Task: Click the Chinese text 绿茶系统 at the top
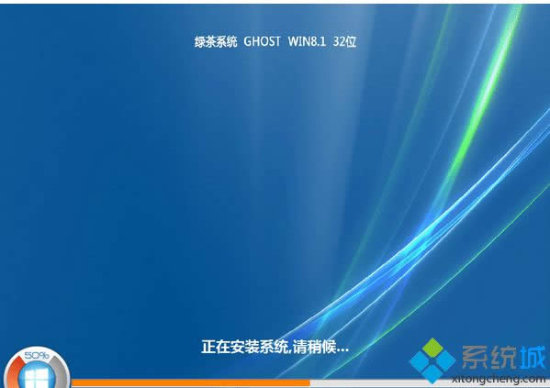[217, 41]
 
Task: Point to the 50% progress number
[37, 354]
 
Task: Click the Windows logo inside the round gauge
[37, 374]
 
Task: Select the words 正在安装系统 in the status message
[244, 348]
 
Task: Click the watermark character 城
[528, 355]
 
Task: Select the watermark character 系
[473, 355]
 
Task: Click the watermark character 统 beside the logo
[500, 355]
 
